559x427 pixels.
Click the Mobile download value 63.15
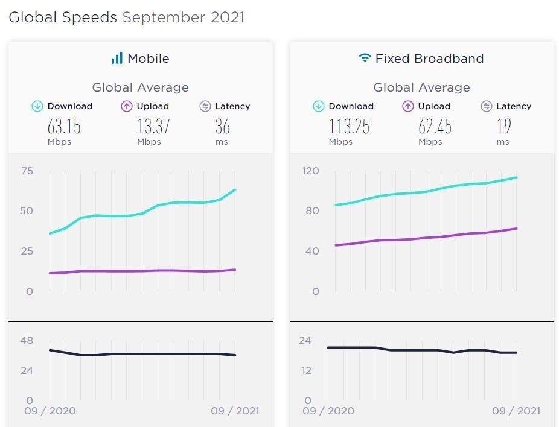[64, 127]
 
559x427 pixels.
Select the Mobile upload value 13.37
[154, 127]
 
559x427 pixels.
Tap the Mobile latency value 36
[223, 127]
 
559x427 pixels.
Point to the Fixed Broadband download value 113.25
[349, 127]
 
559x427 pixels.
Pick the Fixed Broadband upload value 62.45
[435, 127]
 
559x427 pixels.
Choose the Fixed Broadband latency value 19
[503, 127]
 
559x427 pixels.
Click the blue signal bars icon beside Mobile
[117, 58]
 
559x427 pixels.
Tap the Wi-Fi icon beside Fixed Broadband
[365, 57]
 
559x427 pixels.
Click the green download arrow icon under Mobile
[37, 106]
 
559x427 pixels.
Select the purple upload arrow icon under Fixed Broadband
[408, 106]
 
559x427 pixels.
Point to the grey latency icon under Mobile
[205, 106]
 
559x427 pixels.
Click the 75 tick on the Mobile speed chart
[27, 171]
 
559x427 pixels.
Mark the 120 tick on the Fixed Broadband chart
[310, 171]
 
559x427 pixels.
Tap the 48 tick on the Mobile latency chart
[27, 341]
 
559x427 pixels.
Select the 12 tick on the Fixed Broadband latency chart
[306, 371]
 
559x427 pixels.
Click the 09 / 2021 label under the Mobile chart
[235, 411]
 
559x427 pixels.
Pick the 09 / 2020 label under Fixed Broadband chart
[328, 411]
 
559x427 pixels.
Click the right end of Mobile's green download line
[235, 190]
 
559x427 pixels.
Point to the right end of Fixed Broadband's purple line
[517, 229]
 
